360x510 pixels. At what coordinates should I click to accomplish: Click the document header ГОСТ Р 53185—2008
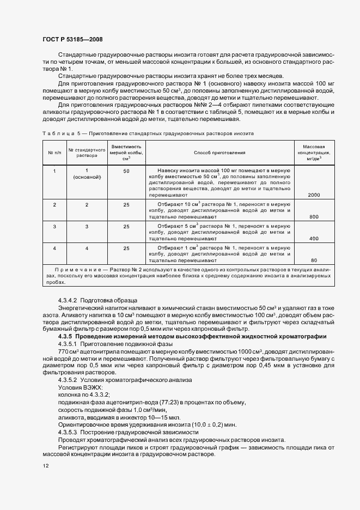pyautogui.click(x=72, y=39)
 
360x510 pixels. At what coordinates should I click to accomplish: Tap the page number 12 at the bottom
pyautogui.click(x=45, y=466)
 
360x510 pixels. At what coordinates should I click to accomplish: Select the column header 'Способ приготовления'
pyautogui.click(x=219, y=153)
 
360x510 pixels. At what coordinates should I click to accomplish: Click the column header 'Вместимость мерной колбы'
pyautogui.click(x=126, y=153)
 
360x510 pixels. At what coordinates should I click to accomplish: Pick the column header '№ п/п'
pyautogui.click(x=54, y=153)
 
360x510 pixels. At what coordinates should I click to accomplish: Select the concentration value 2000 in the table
pyautogui.click(x=313, y=195)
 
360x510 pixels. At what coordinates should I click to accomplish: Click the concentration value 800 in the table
pyautogui.click(x=314, y=216)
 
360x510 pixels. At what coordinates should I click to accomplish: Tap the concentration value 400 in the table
pyautogui.click(x=314, y=239)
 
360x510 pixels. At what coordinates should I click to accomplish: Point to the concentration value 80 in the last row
pyautogui.click(x=314, y=260)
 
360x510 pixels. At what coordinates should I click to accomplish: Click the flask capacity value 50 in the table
pyautogui.click(x=126, y=172)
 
